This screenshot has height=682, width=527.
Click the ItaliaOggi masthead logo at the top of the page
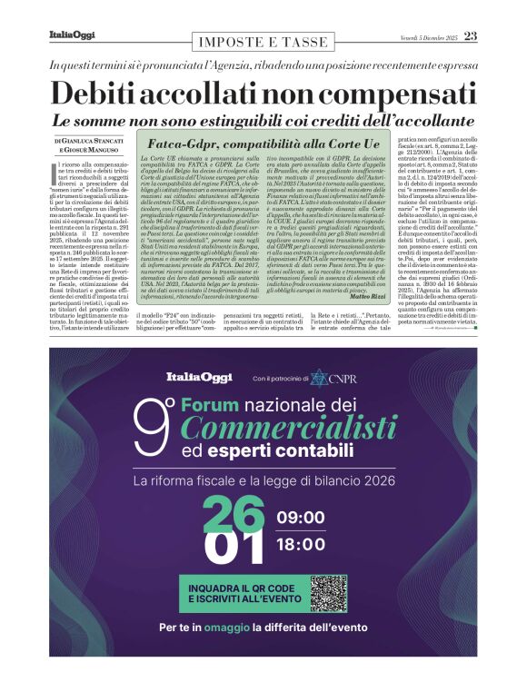(x=71, y=35)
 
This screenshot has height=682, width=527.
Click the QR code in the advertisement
(x=329, y=593)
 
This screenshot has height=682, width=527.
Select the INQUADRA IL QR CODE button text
(x=242, y=587)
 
